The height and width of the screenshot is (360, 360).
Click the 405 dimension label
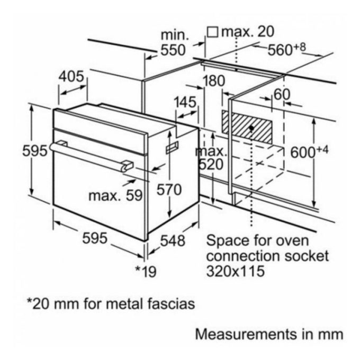tap(71, 77)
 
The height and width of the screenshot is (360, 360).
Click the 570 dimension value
tap(169, 189)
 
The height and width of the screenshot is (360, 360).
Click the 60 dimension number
tap(282, 94)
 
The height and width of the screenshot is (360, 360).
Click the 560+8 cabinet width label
tap(287, 49)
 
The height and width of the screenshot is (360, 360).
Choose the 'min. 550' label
tap(174, 43)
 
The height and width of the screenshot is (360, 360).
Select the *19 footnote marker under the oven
tap(146, 272)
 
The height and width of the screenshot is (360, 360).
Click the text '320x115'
tap(235, 272)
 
